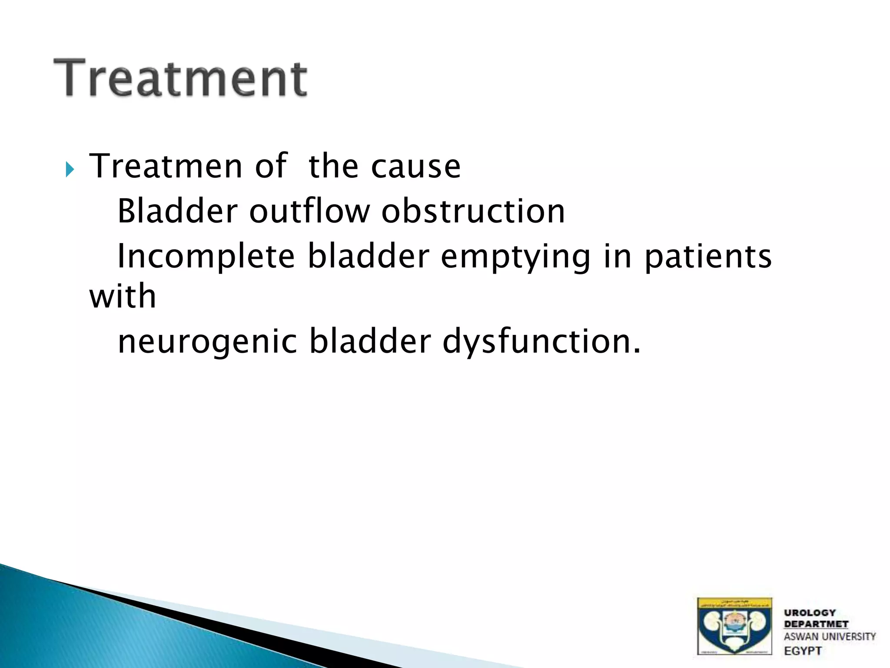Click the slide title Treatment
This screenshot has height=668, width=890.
click(x=180, y=78)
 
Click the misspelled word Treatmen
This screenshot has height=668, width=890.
click(x=165, y=166)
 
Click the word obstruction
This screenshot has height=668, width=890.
click(x=473, y=211)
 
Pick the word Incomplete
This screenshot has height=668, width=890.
click(x=206, y=257)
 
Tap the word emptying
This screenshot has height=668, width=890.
click(x=515, y=257)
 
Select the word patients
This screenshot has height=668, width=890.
click(x=708, y=257)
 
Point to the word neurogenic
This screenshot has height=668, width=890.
click(x=207, y=341)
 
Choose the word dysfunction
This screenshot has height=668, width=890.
click(x=541, y=341)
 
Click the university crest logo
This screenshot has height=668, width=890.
click(x=734, y=625)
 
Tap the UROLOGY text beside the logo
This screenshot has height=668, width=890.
click(x=810, y=613)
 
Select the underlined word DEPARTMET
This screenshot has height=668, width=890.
click(x=816, y=624)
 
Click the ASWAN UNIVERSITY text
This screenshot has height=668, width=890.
click(x=829, y=637)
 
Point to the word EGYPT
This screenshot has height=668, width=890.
click(x=803, y=651)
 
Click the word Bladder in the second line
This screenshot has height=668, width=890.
click(x=177, y=211)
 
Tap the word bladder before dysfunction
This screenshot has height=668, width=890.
click(x=370, y=341)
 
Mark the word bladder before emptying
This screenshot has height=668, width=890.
click(x=369, y=257)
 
